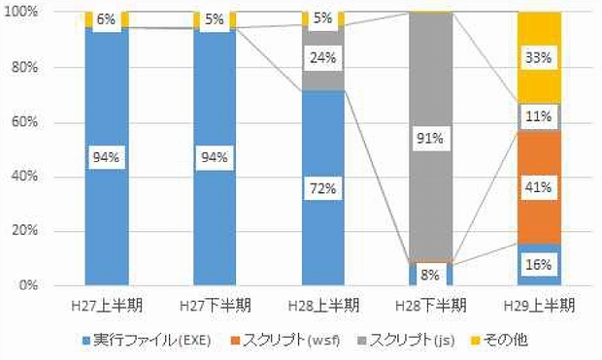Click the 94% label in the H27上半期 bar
pos(107,157)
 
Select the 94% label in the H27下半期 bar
pos(215,157)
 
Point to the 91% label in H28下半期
pos(430,139)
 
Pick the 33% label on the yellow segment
pos(538,58)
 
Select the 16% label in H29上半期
pos(538,264)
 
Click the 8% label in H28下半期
pos(430,275)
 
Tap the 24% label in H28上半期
pos(322,57)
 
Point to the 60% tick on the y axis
pos(24,122)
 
